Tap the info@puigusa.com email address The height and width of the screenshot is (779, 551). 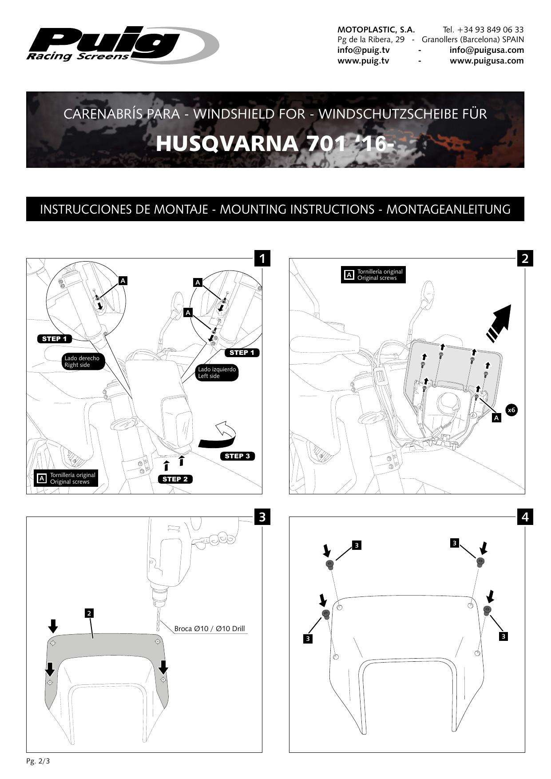(x=486, y=50)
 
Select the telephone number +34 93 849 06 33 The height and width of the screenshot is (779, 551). (x=490, y=30)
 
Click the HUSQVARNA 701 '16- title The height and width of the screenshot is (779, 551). (x=275, y=143)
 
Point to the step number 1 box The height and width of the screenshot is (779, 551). (x=262, y=258)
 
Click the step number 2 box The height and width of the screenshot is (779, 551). (x=525, y=258)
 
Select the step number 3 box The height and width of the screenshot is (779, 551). (x=262, y=517)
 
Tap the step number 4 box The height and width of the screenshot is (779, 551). (x=525, y=517)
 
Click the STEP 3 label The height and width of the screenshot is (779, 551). (x=237, y=456)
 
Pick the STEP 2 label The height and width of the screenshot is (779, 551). (x=175, y=479)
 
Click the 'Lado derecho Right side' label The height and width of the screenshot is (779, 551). (x=82, y=362)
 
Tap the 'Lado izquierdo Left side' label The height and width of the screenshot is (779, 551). (x=217, y=373)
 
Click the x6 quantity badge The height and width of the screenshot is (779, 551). (x=511, y=410)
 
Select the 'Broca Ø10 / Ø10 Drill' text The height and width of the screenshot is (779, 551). (x=210, y=629)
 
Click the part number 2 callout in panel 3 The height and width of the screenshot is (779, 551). (x=89, y=613)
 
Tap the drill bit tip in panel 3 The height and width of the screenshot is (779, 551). (x=157, y=628)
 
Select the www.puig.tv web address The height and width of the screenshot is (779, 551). (x=363, y=61)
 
